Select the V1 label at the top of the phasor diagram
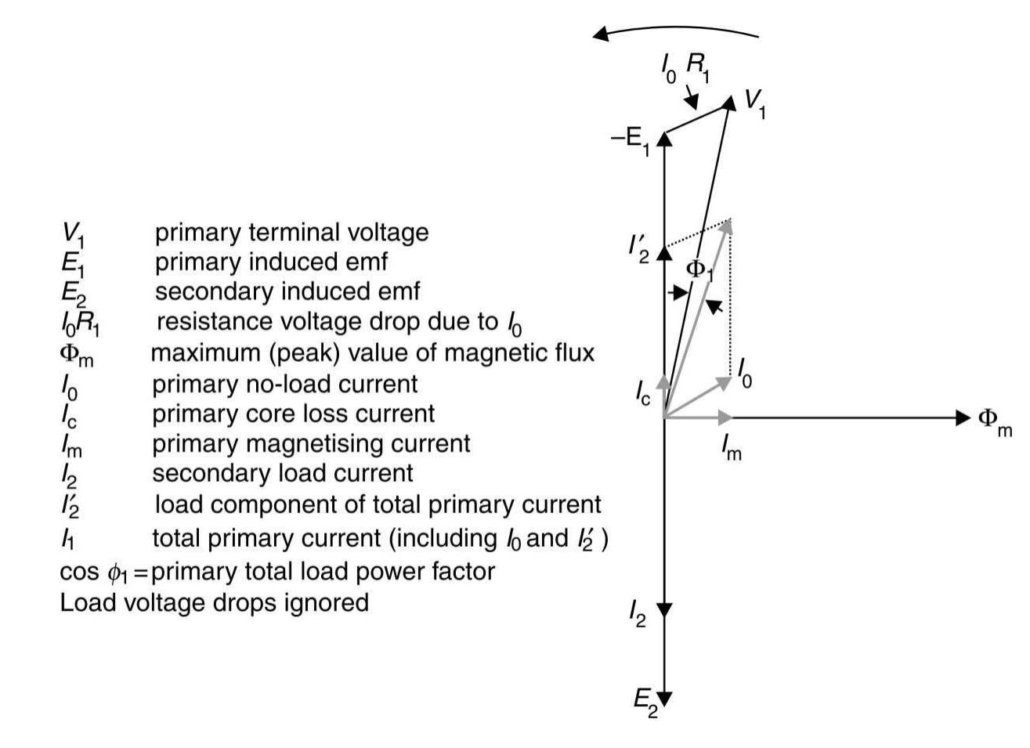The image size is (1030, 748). [x=754, y=103]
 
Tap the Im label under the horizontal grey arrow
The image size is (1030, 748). [x=730, y=449]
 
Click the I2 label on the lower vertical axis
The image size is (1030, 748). [x=638, y=612]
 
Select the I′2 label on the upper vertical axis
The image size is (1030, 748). [x=638, y=248]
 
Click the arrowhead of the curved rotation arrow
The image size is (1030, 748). [x=602, y=34]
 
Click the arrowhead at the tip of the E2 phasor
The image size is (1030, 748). [x=664, y=698]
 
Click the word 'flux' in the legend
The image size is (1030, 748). [x=573, y=352]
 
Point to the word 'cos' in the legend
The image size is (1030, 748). [x=79, y=572]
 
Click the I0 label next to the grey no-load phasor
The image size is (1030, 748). [x=745, y=374]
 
